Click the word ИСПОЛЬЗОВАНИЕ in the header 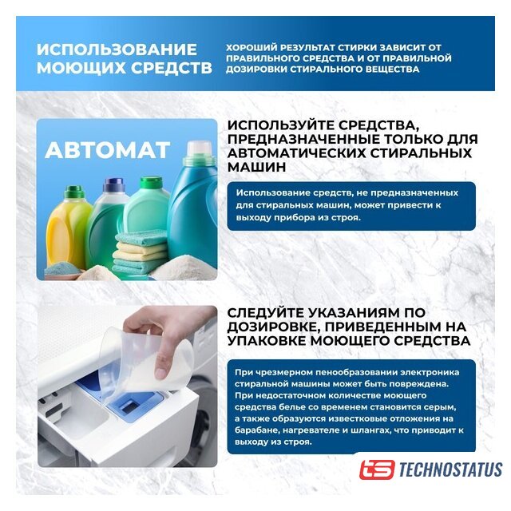[117, 50]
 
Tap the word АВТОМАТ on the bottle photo [108, 150]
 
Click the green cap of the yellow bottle [74, 192]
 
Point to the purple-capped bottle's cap [114, 184]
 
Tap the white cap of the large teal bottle [199, 149]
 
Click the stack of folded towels [141, 252]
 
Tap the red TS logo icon [377, 469]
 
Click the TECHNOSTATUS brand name [450, 469]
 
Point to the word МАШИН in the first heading [257, 167]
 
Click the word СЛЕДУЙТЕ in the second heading [266, 313]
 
